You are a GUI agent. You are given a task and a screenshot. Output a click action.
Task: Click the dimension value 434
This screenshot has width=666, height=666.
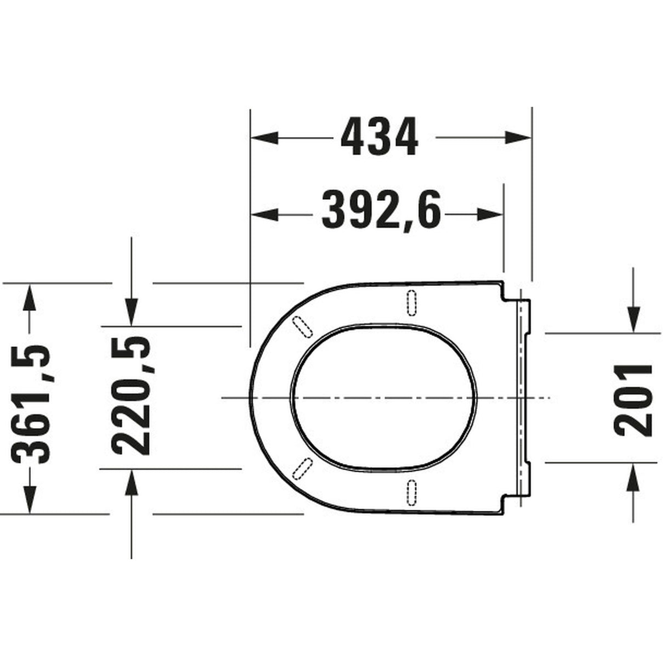[380, 137]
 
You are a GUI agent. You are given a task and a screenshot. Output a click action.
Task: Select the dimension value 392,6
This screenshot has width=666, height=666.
[381, 210]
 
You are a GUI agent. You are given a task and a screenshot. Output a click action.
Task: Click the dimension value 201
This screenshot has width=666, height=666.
[634, 399]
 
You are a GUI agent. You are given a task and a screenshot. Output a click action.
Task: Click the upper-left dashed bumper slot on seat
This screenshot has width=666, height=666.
[303, 326]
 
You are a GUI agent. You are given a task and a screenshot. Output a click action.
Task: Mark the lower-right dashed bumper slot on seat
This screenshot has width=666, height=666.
[412, 492]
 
